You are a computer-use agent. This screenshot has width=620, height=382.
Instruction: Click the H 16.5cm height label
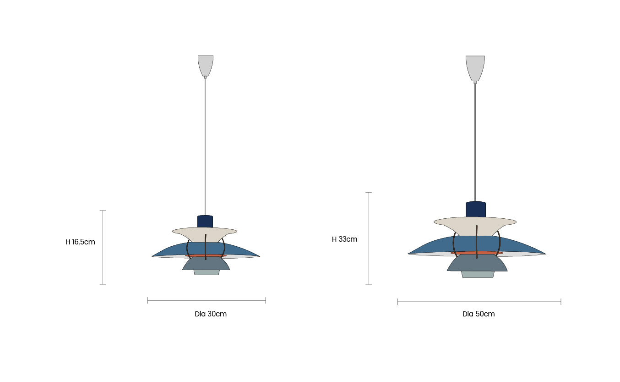(x=80, y=242)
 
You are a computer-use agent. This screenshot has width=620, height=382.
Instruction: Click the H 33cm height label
(x=345, y=239)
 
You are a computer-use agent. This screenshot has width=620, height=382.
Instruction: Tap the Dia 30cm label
(x=211, y=314)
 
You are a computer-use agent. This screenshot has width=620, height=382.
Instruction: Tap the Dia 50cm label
(x=479, y=314)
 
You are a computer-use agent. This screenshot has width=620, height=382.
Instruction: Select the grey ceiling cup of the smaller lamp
(x=206, y=66)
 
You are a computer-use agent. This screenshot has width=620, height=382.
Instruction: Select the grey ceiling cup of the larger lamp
(x=475, y=68)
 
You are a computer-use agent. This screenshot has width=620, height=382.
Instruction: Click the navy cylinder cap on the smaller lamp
(x=205, y=221)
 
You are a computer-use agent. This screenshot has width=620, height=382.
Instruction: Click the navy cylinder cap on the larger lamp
(x=476, y=209)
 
